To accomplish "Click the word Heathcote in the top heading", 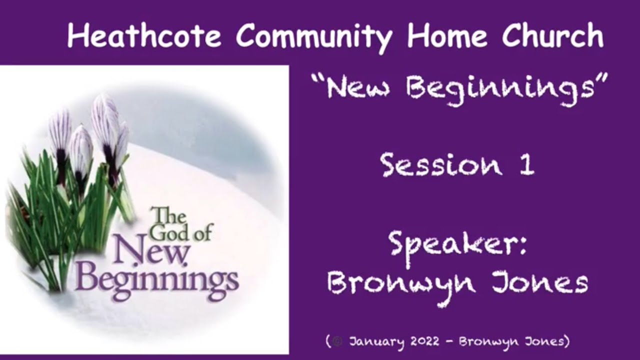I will pos(144,36).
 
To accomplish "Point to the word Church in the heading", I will pos(553,36).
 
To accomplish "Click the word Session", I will pos(440,164).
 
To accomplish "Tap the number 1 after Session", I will pos(527,164).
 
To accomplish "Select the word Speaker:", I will pos(457,245).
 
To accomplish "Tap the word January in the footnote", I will pos(376,342).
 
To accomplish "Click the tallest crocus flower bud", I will pos(104,120).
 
